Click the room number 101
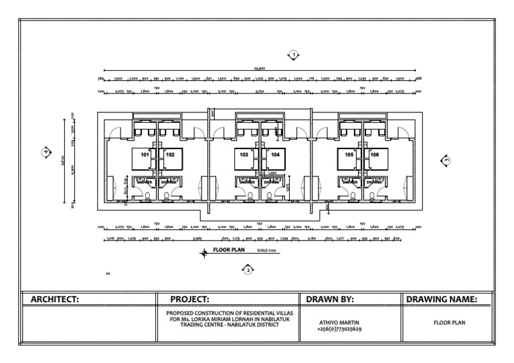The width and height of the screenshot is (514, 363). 145,154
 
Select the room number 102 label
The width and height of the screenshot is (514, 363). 170,154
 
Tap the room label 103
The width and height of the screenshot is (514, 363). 244,154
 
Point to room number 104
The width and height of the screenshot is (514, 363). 275,154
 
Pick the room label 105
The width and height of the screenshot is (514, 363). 349,154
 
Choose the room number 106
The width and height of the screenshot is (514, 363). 374,154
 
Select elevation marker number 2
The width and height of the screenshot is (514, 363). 248,269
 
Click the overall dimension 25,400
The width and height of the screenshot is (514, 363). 260,68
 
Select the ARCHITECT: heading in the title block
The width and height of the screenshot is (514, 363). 55,300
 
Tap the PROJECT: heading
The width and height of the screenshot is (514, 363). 190,300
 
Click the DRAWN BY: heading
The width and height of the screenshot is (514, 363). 329,300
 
